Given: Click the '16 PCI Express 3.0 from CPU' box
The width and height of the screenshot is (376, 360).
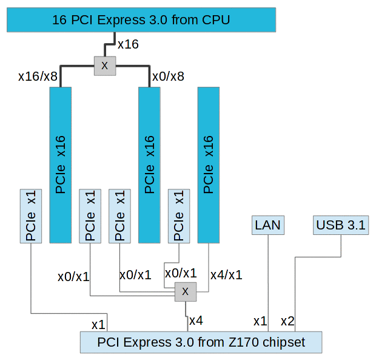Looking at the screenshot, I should pyautogui.click(x=141, y=20).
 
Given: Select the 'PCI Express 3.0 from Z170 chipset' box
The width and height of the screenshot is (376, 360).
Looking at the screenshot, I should pyautogui.click(x=201, y=342).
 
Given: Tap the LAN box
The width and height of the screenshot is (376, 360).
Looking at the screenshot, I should pyautogui.click(x=268, y=225).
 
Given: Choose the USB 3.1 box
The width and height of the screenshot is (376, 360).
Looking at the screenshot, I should pyautogui.click(x=341, y=225).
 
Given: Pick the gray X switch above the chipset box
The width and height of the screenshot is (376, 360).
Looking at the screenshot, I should pyautogui.click(x=186, y=292).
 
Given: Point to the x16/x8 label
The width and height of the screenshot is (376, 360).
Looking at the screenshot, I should pyautogui.click(x=38, y=76).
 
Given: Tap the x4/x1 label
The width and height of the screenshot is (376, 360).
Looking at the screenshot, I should pyautogui.click(x=226, y=274).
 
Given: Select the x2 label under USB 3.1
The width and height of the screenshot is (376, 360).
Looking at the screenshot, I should pyautogui.click(x=287, y=321).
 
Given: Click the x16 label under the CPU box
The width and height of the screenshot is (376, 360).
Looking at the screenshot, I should pyautogui.click(x=128, y=44).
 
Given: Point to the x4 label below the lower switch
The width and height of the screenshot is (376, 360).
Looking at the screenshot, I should pyautogui.click(x=196, y=320).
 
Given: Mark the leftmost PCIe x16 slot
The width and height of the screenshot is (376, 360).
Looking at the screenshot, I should pyautogui.click(x=60, y=165).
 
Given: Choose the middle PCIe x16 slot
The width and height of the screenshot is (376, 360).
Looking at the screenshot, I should pyautogui.click(x=150, y=165).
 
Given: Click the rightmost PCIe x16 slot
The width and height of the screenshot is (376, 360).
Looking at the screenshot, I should pyautogui.click(x=208, y=165).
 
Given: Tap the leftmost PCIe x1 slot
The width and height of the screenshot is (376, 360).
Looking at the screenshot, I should pyautogui.click(x=31, y=216).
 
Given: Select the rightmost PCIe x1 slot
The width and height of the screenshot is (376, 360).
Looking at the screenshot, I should pyautogui.click(x=179, y=215).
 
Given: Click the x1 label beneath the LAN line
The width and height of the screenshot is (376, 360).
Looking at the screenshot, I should pyautogui.click(x=260, y=321).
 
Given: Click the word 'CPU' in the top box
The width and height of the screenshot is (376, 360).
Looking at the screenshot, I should pyautogui.click(x=217, y=20).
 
